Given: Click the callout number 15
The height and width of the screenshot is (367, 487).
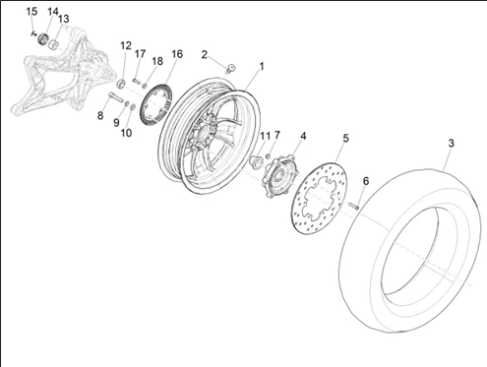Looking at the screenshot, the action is point(31,12).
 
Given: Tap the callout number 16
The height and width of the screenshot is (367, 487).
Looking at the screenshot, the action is point(177,54).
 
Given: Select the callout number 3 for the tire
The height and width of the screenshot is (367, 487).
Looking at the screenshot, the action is point(452,144).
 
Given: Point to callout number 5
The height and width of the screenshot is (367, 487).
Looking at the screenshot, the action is point(345,139).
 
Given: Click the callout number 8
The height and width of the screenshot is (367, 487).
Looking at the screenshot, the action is point(100,115).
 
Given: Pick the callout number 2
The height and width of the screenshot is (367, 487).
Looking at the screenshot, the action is point(205,55).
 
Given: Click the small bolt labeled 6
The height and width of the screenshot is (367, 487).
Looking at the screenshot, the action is point(354,207).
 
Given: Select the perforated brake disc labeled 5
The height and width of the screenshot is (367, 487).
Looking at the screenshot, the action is point(319,198).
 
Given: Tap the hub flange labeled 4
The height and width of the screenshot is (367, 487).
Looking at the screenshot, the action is point(279,176).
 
